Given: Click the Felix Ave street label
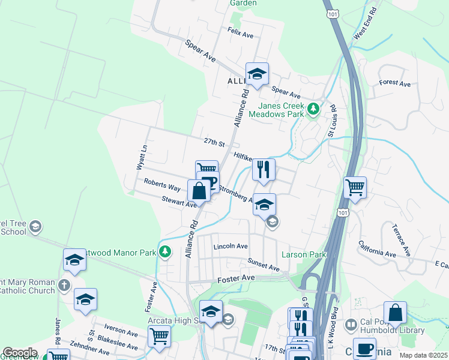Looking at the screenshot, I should pos(240,32).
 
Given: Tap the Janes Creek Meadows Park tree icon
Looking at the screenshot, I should pos(313,110).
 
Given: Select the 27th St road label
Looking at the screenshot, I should pos(213,142).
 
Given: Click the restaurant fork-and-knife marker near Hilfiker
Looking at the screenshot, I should pos(264,170).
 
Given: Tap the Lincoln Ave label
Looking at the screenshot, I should pos(231,247).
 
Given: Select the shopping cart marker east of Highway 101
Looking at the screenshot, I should pos(355,188).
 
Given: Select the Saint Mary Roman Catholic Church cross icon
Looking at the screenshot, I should pos(65,286).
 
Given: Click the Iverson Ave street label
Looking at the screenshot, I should pos(121,330).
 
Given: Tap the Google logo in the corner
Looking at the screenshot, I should pos(19,353).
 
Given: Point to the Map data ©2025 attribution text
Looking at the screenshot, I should pos(423,355).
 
